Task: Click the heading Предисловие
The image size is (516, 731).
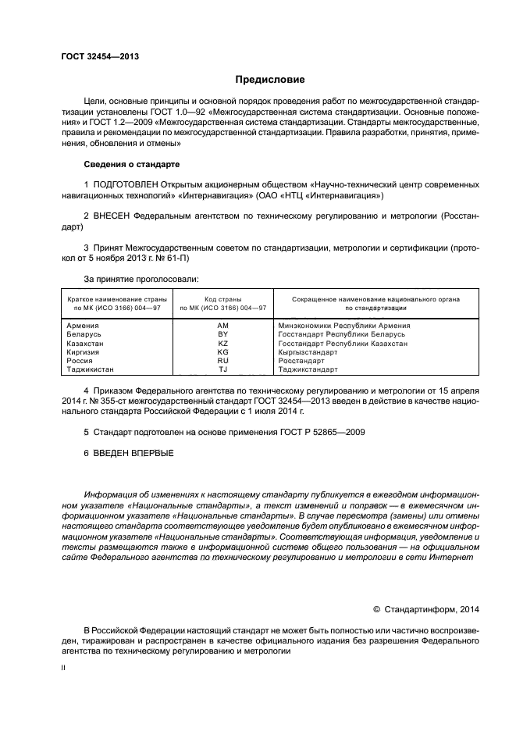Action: coord(270,80)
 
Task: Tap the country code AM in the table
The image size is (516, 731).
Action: coord(222,326)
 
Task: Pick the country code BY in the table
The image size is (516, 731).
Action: coord(222,334)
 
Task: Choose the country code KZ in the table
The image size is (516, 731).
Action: coord(222,344)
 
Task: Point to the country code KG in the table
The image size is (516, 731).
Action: coord(222,352)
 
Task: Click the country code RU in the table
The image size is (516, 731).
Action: coord(222,361)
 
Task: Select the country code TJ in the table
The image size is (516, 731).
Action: coord(222,369)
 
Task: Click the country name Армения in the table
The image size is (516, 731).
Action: coord(83,326)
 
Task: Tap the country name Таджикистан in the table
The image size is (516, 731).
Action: coord(91,369)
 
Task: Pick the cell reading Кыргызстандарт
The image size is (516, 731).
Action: coord(308,352)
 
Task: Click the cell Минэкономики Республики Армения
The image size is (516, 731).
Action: coord(343,326)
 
